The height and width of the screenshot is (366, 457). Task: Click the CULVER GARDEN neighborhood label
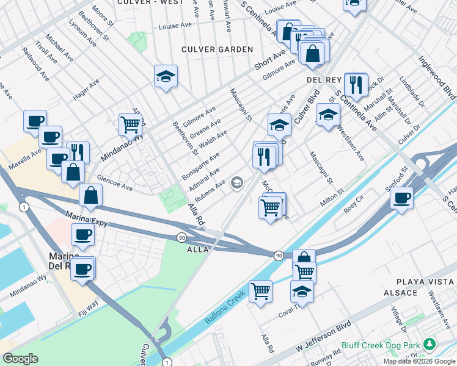[x=217, y=49]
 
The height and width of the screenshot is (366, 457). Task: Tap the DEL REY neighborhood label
[x=322, y=80]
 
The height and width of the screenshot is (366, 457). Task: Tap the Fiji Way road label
[x=88, y=309]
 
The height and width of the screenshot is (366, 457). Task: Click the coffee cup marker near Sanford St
[x=402, y=198]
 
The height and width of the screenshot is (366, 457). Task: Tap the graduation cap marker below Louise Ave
[x=166, y=76]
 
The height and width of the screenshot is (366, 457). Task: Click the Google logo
[x=20, y=359]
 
